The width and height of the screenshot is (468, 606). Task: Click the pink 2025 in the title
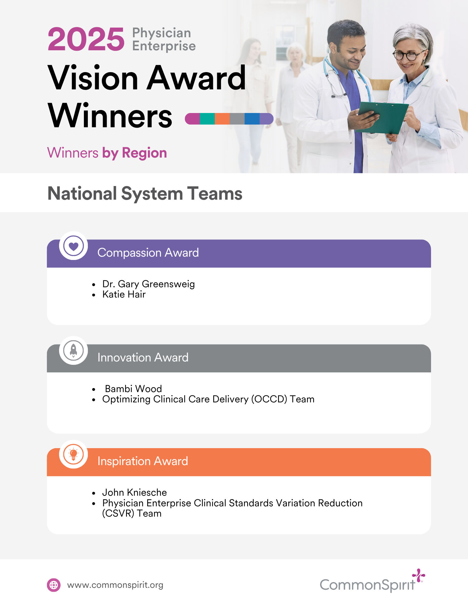point(86,39)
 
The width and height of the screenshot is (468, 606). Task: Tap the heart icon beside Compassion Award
point(73,246)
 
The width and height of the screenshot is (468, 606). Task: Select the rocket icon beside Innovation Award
point(73,350)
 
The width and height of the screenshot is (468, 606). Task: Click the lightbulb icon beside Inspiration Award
point(73,454)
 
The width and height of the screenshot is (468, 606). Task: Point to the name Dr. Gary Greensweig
point(148,284)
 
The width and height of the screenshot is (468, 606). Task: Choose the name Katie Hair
point(124,294)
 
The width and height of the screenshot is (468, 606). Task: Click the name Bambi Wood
point(133,389)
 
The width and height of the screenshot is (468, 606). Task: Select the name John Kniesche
point(134,492)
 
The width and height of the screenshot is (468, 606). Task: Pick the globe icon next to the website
point(54,585)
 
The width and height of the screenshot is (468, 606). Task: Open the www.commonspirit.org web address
point(115,585)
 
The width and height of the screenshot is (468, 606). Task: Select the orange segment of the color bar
point(222,119)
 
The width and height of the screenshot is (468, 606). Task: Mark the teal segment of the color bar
point(207,119)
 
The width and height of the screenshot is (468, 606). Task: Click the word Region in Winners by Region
point(144,153)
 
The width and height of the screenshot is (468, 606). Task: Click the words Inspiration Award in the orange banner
point(143,461)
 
